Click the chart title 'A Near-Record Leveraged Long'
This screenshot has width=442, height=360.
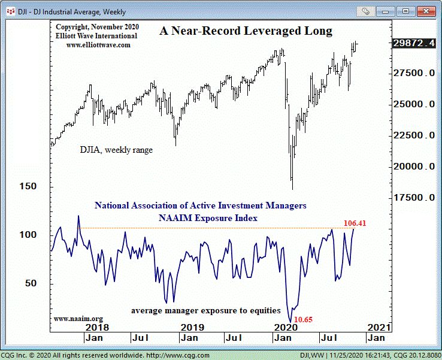(x=246, y=31)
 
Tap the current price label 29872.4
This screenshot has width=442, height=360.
(x=414, y=43)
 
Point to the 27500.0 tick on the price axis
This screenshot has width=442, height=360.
(x=414, y=73)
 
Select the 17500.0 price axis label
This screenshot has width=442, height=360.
(x=414, y=198)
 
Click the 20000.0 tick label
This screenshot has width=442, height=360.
(x=414, y=167)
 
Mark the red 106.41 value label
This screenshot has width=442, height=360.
(x=355, y=223)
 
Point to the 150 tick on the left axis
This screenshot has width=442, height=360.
(x=28, y=186)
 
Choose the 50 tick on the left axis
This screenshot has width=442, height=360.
(x=31, y=283)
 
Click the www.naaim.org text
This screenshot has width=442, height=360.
(x=78, y=319)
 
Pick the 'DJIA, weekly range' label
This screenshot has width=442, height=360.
(x=116, y=150)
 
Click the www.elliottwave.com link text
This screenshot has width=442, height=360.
(x=98, y=45)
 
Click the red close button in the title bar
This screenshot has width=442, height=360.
(x=426, y=11)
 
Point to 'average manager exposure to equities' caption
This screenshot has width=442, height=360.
(x=206, y=310)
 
